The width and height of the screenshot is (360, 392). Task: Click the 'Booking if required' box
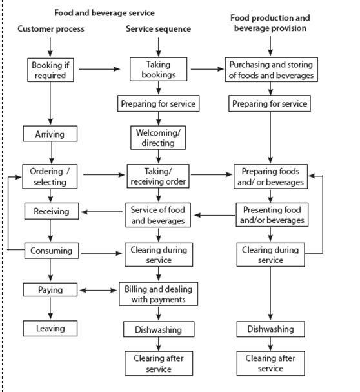tap(50, 70)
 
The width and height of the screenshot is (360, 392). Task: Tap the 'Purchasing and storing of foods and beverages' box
tap(271, 70)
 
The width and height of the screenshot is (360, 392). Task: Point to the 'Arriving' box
tap(50, 135)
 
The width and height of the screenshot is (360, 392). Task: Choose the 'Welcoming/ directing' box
tap(158, 138)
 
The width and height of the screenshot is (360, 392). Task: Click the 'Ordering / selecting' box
tap(50, 176)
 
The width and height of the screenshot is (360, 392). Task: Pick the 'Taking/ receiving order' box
tap(158, 176)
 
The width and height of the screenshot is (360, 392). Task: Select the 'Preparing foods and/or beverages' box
tap(272, 176)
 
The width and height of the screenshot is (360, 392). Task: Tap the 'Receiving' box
tap(50, 211)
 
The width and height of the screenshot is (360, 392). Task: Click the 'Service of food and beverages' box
tap(158, 216)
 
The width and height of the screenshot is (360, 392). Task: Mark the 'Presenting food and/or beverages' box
tap(272, 215)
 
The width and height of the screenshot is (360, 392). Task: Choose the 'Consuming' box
tap(50, 250)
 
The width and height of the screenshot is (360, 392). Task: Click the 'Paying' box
tap(50, 290)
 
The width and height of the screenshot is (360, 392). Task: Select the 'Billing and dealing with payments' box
tap(158, 294)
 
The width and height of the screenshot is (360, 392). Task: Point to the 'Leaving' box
tap(50, 328)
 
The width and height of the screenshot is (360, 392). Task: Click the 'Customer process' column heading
tap(50, 29)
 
